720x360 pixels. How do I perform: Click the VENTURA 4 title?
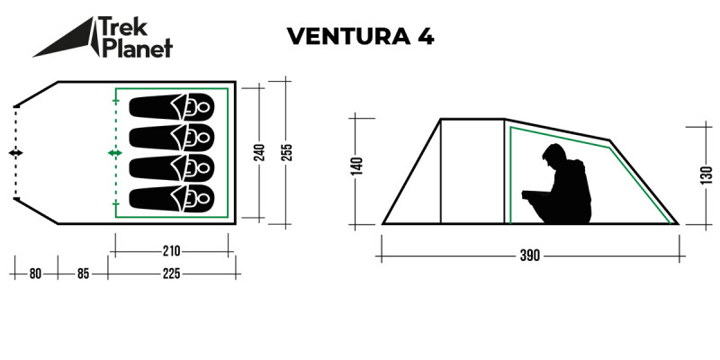(360, 37)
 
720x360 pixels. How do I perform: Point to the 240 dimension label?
(260, 151)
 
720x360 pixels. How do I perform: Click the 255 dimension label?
(286, 151)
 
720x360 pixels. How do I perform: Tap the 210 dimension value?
(172, 250)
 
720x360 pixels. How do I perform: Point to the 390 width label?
(529, 256)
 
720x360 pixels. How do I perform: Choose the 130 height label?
(706, 174)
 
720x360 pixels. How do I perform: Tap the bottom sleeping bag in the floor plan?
(172, 198)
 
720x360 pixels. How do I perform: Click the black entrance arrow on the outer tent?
(15, 154)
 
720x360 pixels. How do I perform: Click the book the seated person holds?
(535, 192)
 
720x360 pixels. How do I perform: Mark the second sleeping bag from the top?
(172, 138)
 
